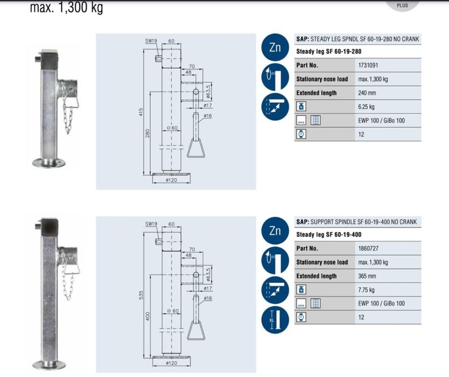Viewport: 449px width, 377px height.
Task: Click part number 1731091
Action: pos(368,65)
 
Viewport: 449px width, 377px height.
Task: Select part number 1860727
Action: pos(368,248)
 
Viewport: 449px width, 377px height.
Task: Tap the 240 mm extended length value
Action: pos(367,93)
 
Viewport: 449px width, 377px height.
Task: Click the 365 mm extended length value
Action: pos(367,276)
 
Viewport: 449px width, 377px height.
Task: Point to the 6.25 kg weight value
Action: pos(366,107)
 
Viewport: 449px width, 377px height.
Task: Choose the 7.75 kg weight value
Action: pos(366,290)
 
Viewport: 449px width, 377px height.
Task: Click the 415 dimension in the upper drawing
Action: pos(140,111)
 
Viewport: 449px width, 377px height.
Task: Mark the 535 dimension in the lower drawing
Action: pos(140,295)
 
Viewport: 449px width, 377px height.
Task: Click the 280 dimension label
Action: pos(147,133)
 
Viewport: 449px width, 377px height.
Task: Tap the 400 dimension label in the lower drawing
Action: pos(147,317)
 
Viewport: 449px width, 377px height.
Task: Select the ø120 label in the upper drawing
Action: pos(171,180)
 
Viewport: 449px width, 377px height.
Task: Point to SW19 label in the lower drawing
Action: pos(151,224)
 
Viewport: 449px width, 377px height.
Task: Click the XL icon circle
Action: pos(275,319)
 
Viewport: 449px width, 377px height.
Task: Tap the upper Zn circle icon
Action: pos(275,47)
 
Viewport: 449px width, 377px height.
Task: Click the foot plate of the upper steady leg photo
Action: pos(49,163)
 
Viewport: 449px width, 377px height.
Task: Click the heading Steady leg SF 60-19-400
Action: pos(329,235)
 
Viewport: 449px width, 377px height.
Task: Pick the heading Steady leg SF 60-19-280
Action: pos(329,52)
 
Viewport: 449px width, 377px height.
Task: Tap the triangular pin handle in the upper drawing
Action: pos(196,148)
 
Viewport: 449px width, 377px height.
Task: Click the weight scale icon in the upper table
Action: pos(301,107)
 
